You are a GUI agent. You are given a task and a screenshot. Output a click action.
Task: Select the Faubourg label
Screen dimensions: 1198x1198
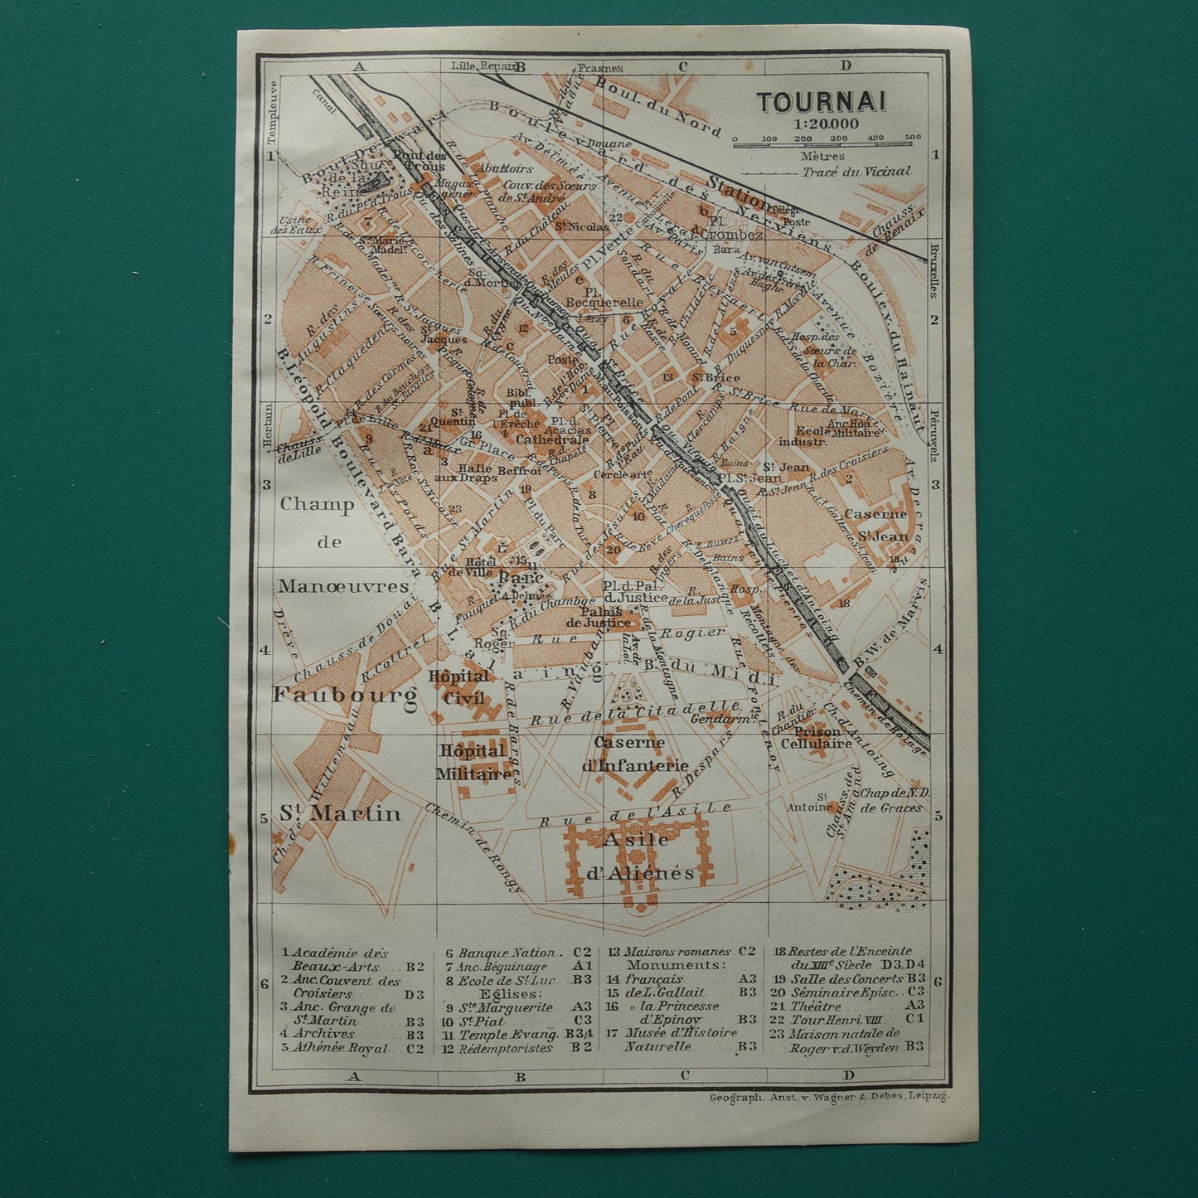344,695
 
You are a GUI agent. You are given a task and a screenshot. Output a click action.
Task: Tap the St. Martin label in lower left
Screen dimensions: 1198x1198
339,812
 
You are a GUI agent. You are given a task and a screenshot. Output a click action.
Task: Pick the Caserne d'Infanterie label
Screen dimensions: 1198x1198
635,753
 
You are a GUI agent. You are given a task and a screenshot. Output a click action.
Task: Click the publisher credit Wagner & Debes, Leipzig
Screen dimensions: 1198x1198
828,1096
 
